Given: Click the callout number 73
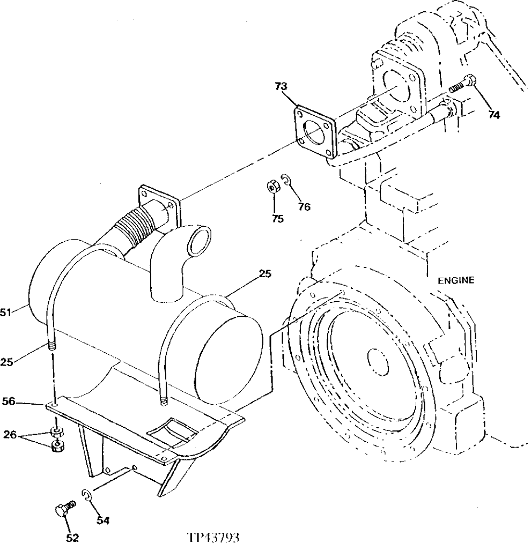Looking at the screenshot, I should (x=281, y=86).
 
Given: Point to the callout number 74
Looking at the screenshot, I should (x=495, y=114).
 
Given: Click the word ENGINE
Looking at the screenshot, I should (x=455, y=280).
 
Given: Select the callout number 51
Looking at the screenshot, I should (x=6, y=314).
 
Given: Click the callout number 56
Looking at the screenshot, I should (x=9, y=400).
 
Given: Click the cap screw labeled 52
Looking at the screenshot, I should (x=63, y=509).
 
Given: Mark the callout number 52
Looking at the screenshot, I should (x=72, y=537).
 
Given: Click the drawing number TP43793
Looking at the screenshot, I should (x=213, y=537).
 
